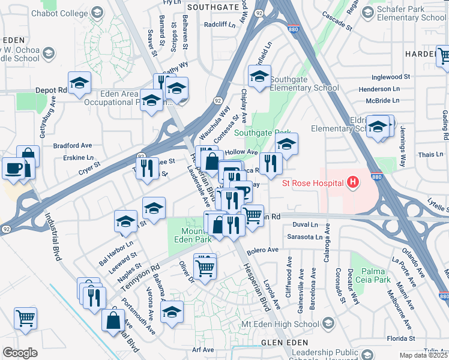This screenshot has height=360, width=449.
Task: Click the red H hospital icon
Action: click(353, 182)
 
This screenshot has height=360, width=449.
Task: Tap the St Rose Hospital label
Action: click(314, 182)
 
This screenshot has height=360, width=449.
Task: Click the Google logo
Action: click(20, 352)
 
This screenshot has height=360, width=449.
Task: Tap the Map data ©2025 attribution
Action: click(423, 355)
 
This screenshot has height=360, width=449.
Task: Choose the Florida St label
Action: click(430, 339)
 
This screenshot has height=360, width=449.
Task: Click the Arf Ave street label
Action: click(203, 350)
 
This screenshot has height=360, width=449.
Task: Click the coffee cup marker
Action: click(13, 167)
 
